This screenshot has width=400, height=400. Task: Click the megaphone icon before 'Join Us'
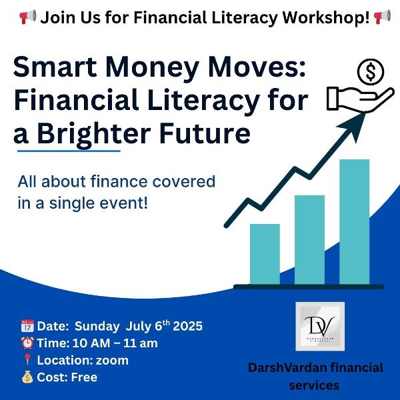tap(27, 17)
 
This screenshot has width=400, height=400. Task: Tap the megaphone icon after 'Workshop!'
tap(382, 17)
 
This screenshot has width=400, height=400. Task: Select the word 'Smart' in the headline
tap(55, 67)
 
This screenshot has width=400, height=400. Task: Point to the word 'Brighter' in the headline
tap(93, 134)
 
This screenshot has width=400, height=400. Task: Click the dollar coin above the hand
tap(371, 72)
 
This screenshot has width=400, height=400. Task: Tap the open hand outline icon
tap(360, 99)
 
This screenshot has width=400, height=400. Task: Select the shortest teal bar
tap(265, 254)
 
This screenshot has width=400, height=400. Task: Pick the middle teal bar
tap(309, 240)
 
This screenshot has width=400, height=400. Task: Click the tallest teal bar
tap(355, 222)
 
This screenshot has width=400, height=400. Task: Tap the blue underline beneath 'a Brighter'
tap(69, 151)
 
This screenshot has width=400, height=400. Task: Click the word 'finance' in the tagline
tap(119, 181)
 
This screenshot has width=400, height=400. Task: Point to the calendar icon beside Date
tap(27, 326)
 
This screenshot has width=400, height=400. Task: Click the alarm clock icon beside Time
tap(27, 343)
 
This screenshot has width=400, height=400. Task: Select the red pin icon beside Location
tap(27, 360)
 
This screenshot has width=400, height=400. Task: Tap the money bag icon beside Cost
tap(27, 377)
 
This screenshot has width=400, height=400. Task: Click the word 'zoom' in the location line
tap(112, 361)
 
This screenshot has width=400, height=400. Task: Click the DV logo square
tap(320, 327)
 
